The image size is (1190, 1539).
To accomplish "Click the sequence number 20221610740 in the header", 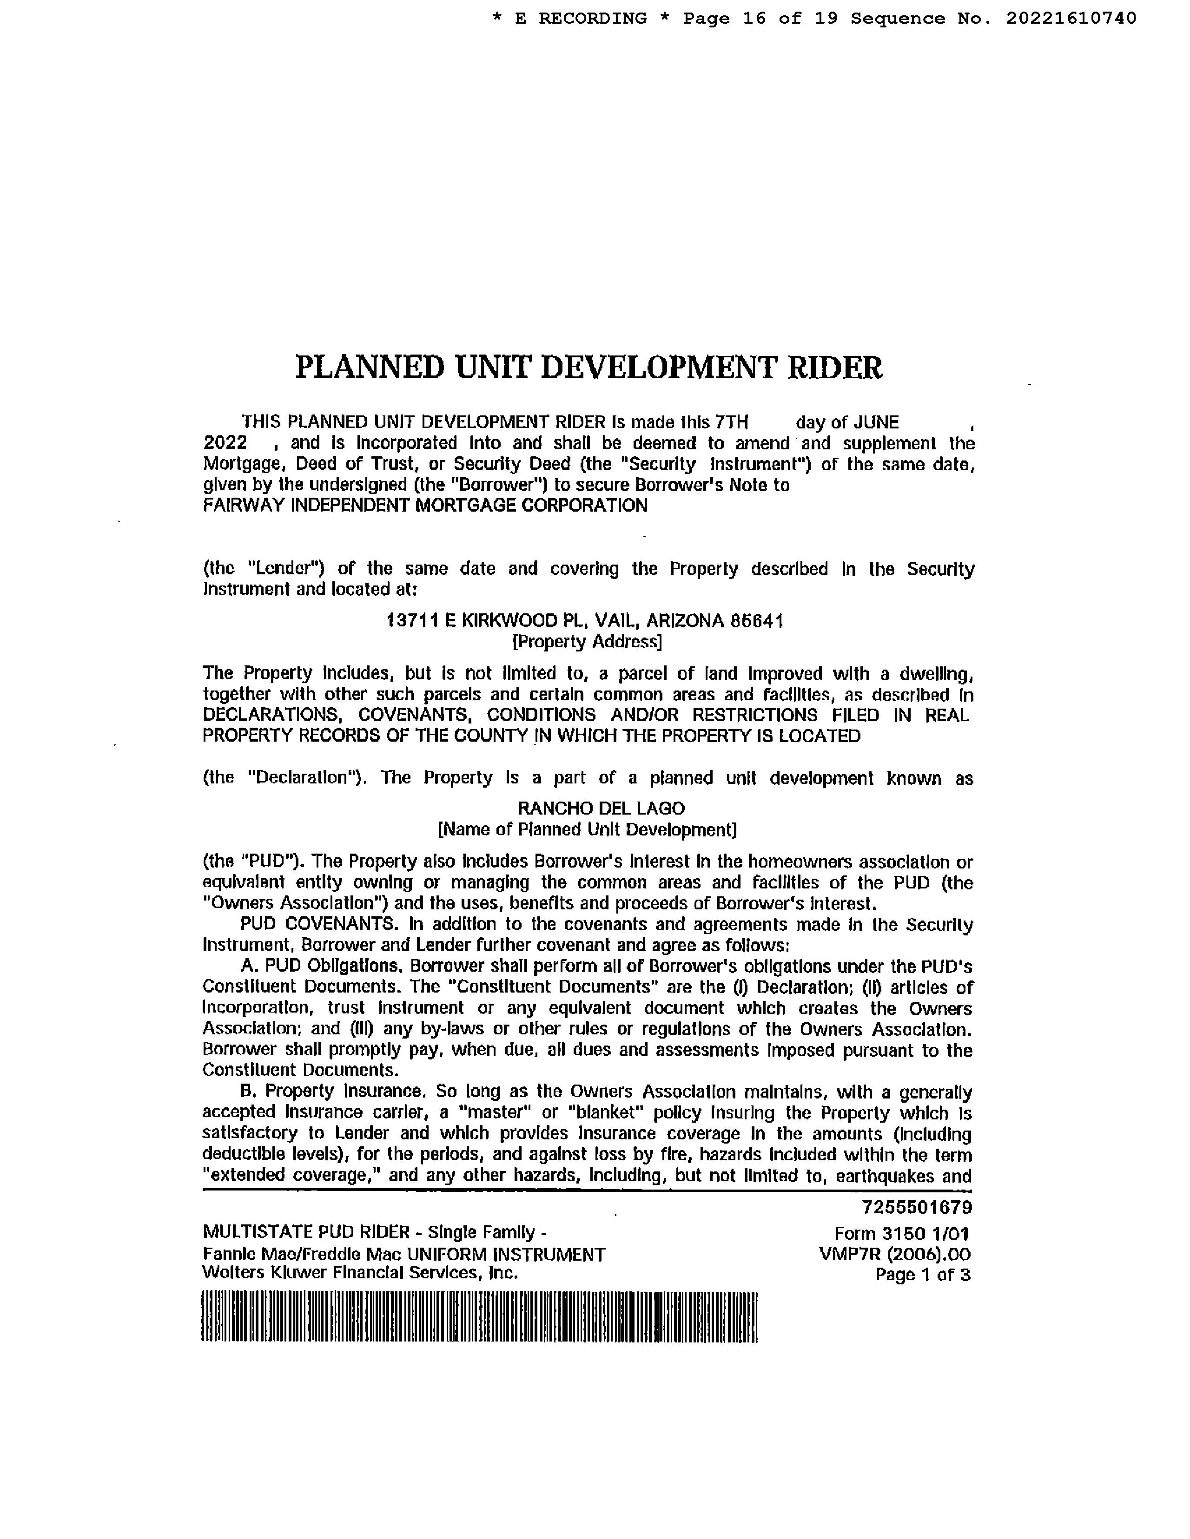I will pyautogui.click(x=1071, y=18).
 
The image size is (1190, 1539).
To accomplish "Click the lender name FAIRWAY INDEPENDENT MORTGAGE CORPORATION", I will pyautogui.click(x=425, y=505).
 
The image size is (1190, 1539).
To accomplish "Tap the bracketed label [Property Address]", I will pyautogui.click(x=587, y=642).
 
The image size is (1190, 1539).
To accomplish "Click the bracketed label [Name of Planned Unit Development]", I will pyautogui.click(x=587, y=829).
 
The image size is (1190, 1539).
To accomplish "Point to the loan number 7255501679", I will pyautogui.click(x=917, y=1208).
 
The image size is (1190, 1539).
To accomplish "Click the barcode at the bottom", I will pyautogui.click(x=479, y=1317).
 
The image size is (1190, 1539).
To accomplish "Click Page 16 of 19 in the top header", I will pyautogui.click(x=760, y=18).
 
